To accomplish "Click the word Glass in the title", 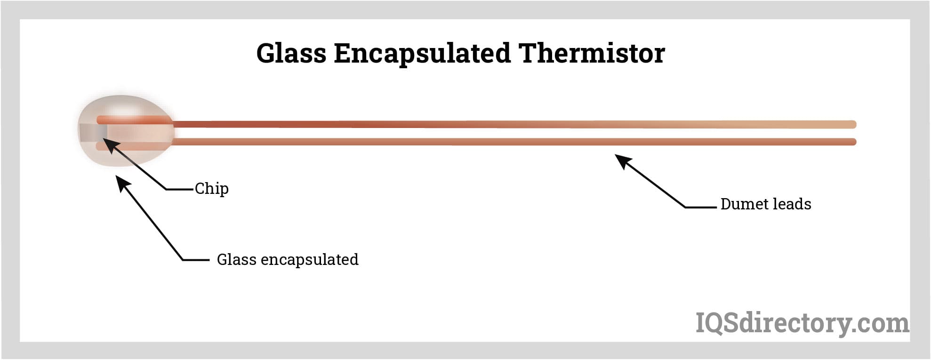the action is pyautogui.click(x=291, y=53).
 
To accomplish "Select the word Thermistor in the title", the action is pyautogui.click(x=592, y=53).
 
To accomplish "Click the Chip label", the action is pyautogui.click(x=212, y=189).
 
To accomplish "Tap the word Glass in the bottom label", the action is pyautogui.click(x=236, y=259).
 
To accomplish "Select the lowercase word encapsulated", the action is pyautogui.click(x=310, y=260).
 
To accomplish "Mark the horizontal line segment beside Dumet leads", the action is pyautogui.click(x=700, y=207).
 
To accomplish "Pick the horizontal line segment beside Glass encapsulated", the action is pyautogui.click(x=196, y=260).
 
